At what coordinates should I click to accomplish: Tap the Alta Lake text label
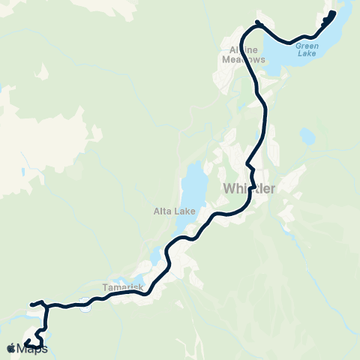pos(175,211)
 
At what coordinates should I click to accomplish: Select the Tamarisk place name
pos(118,286)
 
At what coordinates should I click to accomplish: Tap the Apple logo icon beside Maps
pos(11,348)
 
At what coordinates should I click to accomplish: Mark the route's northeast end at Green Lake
pos(332,13)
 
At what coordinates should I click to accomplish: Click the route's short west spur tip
pos(31,304)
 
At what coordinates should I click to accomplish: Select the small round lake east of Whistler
pos(307,136)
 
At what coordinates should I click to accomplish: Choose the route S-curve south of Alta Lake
pos(172,255)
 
